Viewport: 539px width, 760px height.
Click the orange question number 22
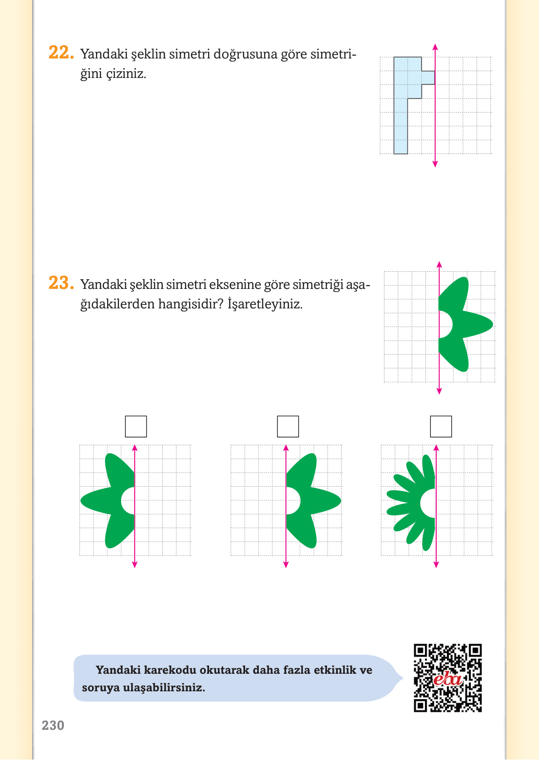(61, 53)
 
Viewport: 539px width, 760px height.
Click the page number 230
(53, 725)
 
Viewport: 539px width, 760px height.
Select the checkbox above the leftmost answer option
(136, 426)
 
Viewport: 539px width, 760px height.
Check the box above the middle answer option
(288, 426)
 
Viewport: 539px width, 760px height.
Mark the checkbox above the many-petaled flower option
(441, 426)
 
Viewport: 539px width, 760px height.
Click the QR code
(448, 678)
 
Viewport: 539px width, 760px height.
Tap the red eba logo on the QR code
(448, 679)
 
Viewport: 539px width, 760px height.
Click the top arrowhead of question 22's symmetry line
(435, 47)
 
